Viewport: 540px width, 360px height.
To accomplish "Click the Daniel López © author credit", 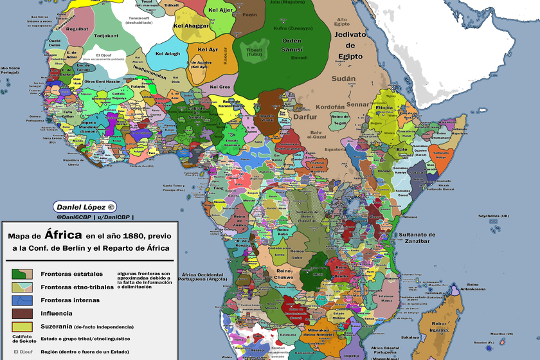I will [85, 207].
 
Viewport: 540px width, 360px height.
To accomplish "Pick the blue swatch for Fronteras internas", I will [22, 300].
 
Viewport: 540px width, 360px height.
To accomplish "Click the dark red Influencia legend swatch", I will [22, 313].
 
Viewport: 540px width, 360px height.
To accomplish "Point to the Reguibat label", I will [77, 29].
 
